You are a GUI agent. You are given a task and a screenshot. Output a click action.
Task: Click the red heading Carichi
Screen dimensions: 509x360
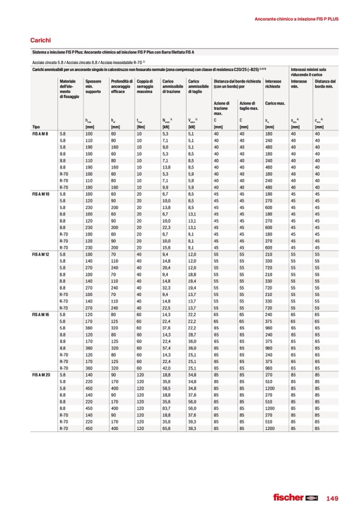(40, 40)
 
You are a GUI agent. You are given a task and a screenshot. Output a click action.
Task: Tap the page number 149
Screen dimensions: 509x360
(332, 497)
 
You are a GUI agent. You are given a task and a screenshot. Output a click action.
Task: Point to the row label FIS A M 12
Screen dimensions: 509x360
(41, 255)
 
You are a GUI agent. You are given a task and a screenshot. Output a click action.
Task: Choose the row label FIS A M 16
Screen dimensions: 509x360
(41, 315)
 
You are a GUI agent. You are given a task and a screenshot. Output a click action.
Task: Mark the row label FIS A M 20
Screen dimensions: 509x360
(41, 375)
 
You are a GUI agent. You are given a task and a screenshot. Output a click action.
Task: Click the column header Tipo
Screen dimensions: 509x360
(36, 127)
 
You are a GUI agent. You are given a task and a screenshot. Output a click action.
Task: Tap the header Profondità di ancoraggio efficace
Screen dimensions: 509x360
(122, 86)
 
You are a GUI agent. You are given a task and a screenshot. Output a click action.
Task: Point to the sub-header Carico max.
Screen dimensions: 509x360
(275, 103)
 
